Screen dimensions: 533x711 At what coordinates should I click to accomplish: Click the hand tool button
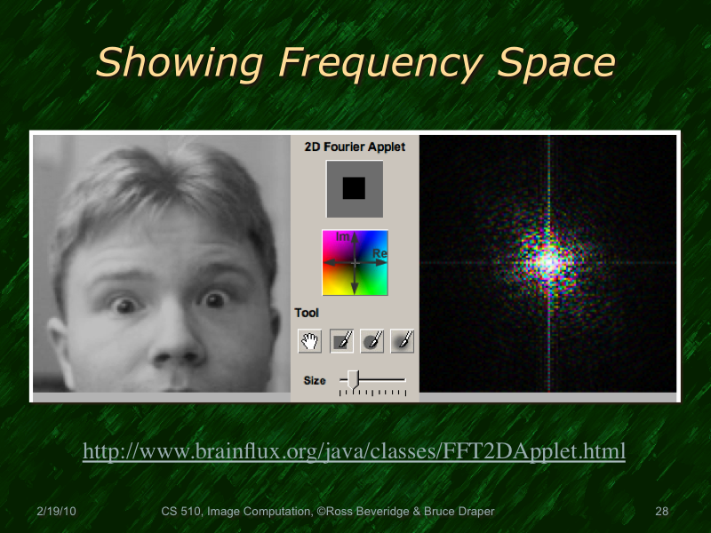click(x=309, y=340)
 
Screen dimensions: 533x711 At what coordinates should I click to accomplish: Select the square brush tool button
click(x=341, y=340)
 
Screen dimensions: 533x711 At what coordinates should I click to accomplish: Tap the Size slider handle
click(x=353, y=379)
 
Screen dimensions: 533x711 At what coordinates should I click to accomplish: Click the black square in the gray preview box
click(x=354, y=188)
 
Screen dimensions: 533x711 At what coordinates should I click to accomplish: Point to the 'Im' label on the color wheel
click(x=343, y=237)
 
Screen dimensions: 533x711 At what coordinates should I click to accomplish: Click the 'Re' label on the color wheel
click(x=379, y=254)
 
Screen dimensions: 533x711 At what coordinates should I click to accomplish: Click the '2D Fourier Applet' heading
click(x=354, y=147)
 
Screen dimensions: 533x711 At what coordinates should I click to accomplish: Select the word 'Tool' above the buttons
click(x=308, y=313)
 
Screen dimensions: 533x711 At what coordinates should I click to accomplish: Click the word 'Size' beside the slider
click(x=315, y=380)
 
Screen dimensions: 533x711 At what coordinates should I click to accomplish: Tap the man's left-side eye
click(x=124, y=305)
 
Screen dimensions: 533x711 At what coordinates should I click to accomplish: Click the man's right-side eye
click(x=214, y=300)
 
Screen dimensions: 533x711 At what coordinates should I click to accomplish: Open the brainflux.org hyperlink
click(x=354, y=451)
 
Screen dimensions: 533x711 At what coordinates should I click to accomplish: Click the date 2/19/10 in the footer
click(x=56, y=512)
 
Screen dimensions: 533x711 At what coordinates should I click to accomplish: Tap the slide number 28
click(x=660, y=512)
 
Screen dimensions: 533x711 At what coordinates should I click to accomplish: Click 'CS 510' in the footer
click(x=181, y=512)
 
